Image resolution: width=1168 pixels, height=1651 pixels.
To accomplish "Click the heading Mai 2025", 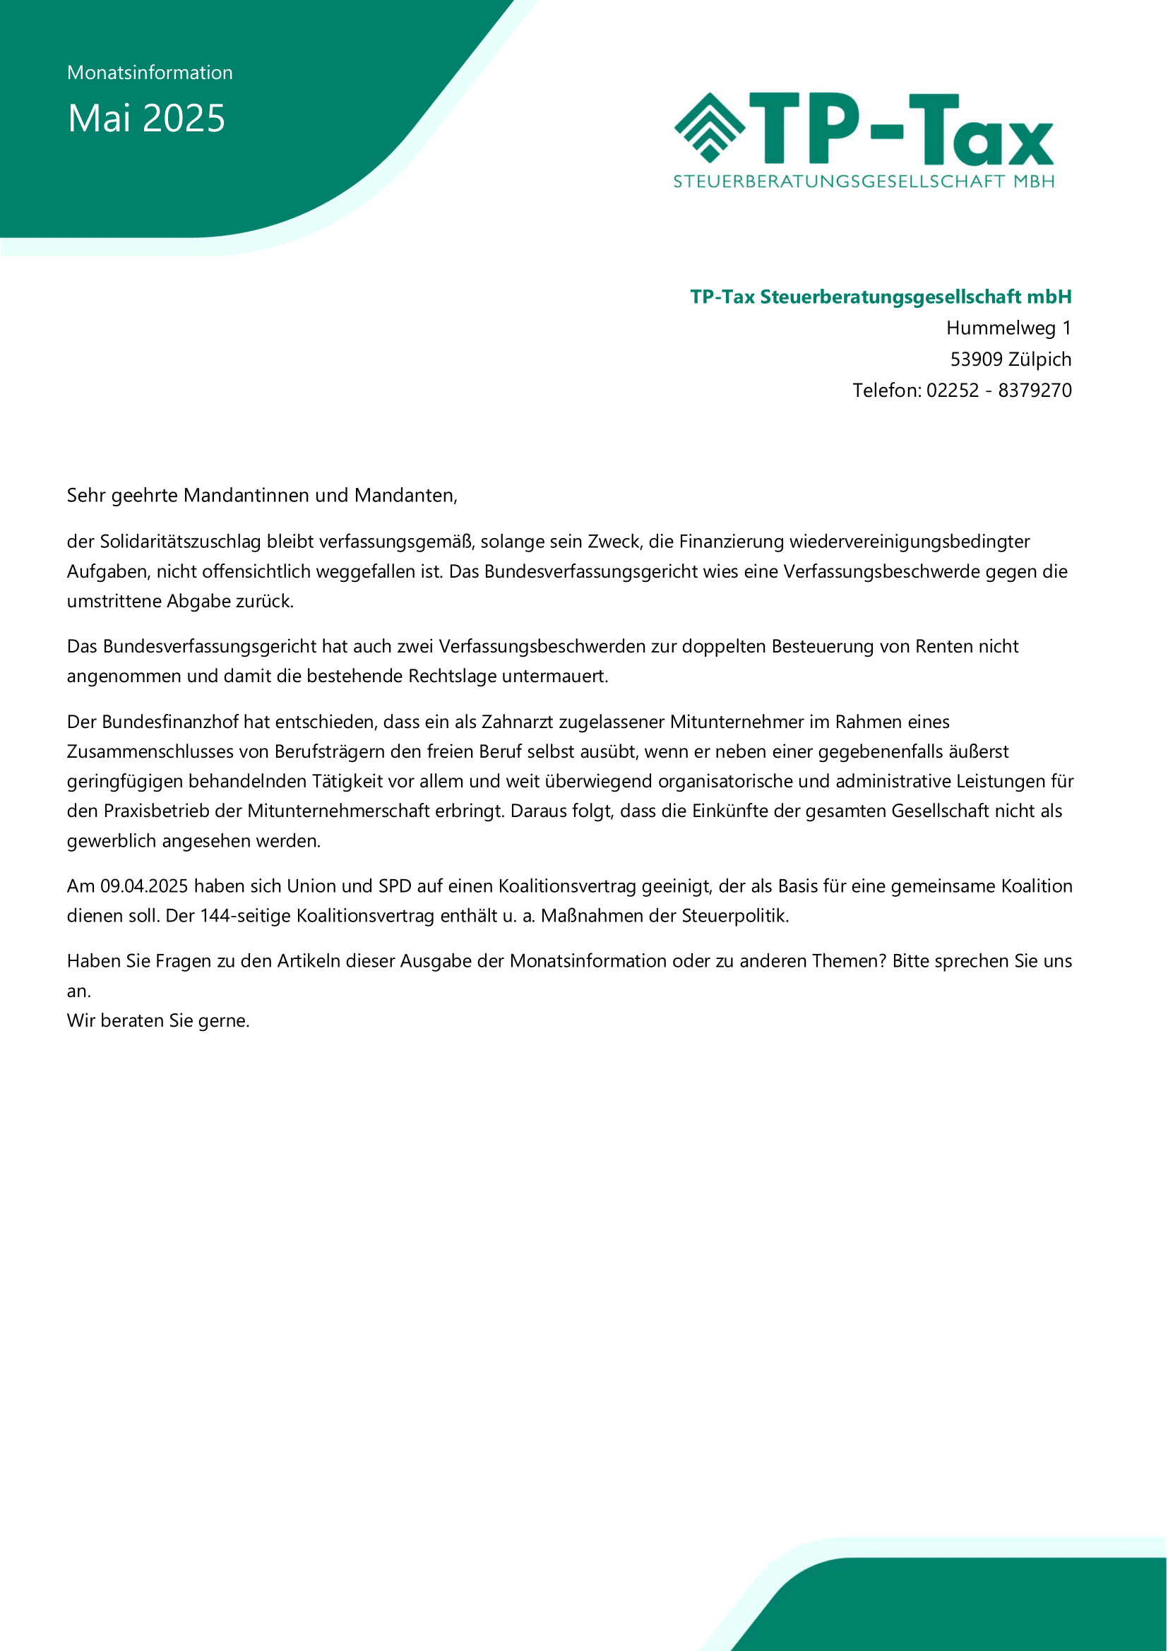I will tap(146, 118).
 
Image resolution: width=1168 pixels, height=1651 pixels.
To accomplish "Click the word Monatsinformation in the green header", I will tap(150, 73).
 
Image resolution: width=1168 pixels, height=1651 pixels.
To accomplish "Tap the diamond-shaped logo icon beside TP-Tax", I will tap(709, 127).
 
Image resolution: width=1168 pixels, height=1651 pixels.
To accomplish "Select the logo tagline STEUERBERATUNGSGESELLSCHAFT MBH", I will tap(864, 181).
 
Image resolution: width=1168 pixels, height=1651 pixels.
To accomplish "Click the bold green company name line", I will tap(881, 297).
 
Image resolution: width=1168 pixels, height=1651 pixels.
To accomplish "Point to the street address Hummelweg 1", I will tap(1008, 328).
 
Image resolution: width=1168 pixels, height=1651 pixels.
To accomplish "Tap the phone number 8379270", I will tap(1035, 390).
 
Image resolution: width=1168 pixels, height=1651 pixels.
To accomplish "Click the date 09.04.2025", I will tap(144, 886).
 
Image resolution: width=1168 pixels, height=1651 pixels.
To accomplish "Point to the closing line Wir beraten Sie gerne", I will tap(158, 1020).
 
